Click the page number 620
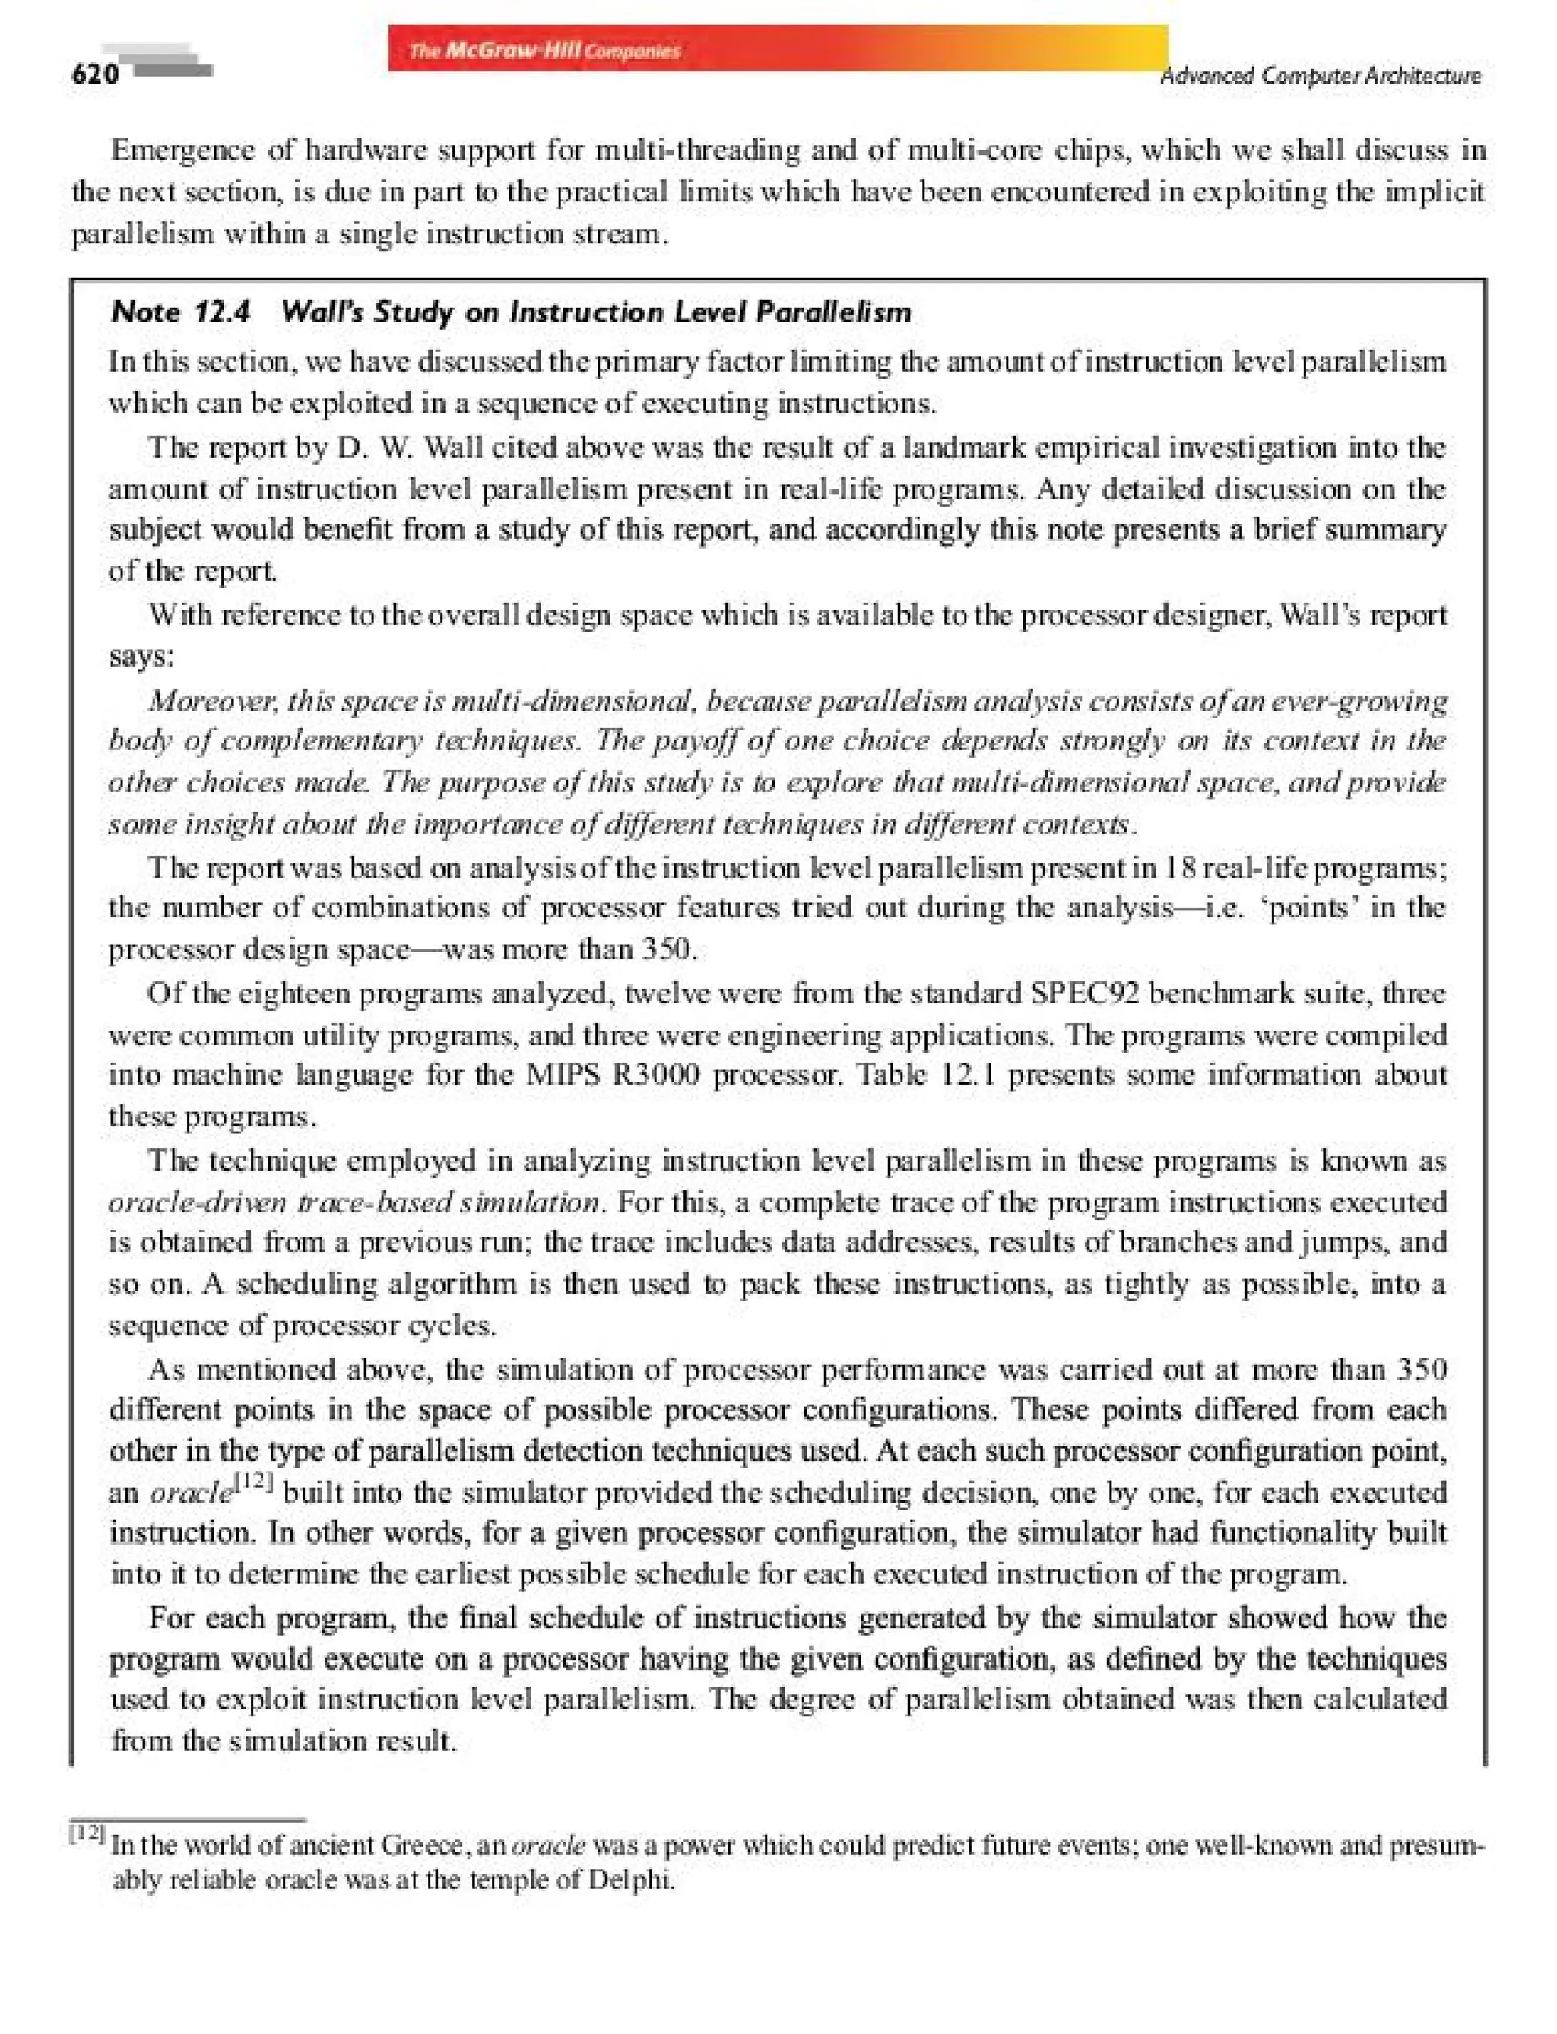(x=94, y=74)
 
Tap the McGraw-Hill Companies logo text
(x=545, y=51)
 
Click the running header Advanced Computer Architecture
(x=1321, y=76)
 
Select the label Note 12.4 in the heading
(x=181, y=312)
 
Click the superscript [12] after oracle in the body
(x=253, y=1484)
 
